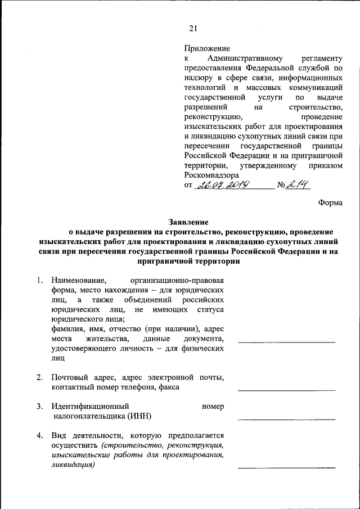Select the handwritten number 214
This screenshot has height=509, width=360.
296,184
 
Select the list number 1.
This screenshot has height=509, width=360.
39,280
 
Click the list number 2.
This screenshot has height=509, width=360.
39,377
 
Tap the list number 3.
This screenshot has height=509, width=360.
39,406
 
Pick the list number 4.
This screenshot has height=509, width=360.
39,435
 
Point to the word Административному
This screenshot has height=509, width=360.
241,59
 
